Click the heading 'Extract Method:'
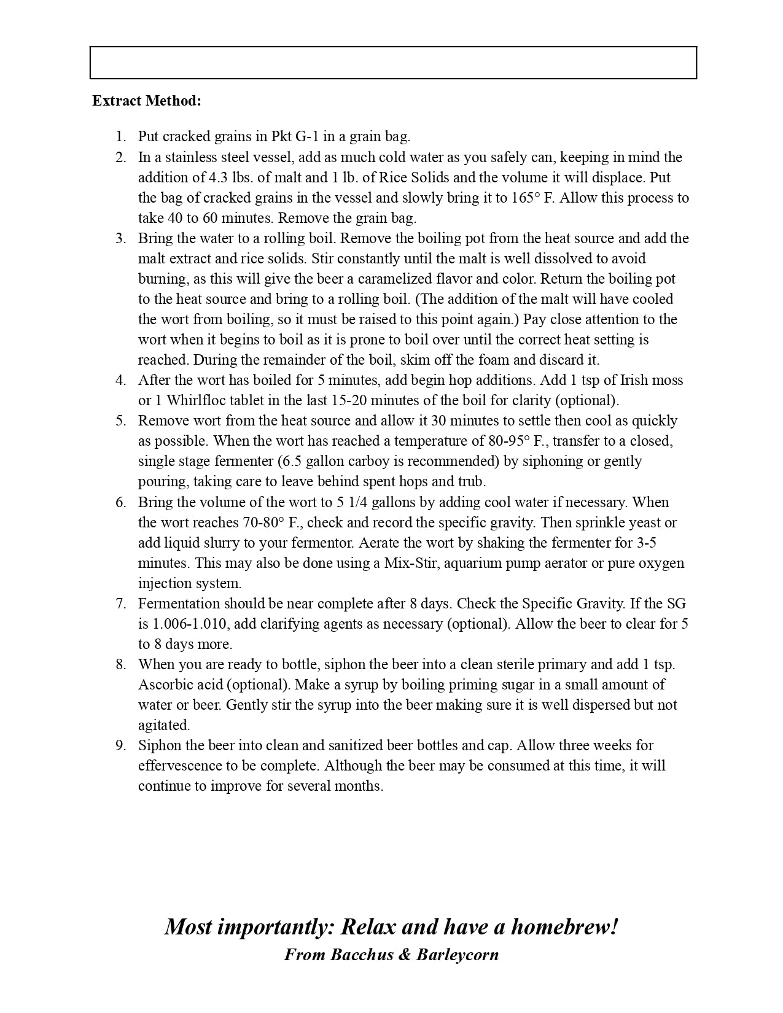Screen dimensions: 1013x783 146,101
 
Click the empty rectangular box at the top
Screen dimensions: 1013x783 393,63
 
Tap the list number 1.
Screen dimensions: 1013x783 121,136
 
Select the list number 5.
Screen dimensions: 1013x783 121,421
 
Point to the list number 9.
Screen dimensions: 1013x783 121,745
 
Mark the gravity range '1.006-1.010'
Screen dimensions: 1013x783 190,624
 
